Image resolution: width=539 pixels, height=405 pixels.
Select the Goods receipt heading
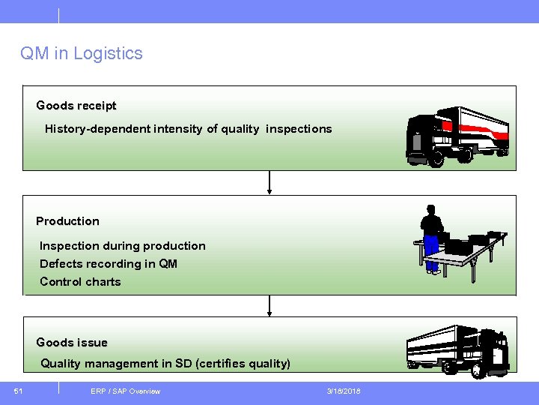[x=76, y=106]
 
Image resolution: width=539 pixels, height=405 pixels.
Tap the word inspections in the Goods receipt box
[x=298, y=129]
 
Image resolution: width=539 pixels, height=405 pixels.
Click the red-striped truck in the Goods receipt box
[x=457, y=136]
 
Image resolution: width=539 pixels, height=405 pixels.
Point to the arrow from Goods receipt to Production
[x=269, y=183]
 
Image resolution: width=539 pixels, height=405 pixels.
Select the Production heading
[x=67, y=221]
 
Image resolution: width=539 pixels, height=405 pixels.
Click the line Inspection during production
[x=122, y=246]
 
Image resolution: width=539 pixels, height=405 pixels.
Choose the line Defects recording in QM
[x=109, y=264]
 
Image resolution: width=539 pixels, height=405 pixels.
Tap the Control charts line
[x=80, y=282]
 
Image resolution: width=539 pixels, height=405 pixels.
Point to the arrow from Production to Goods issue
[x=269, y=305]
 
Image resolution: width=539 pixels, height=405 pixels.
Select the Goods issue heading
[x=72, y=343]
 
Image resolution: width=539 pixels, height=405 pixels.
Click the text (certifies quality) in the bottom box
[x=243, y=364]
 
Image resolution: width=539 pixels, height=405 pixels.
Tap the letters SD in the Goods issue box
[x=183, y=364]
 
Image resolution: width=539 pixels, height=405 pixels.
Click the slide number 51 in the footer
[x=18, y=391]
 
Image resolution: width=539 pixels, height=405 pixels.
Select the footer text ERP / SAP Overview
[x=125, y=391]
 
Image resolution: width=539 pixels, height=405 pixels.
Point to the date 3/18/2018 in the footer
[x=344, y=391]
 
